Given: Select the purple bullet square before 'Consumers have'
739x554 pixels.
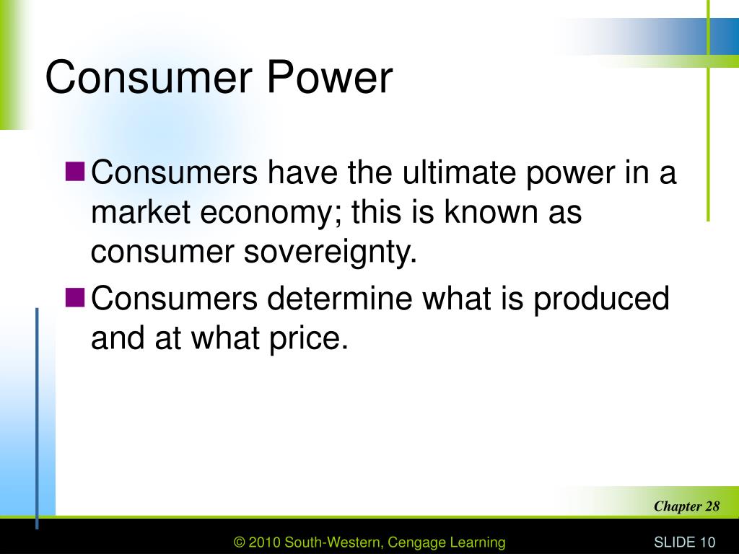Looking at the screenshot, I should pyautogui.click(x=75, y=172).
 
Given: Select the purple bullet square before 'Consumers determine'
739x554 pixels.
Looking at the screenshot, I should pyautogui.click(x=75, y=297).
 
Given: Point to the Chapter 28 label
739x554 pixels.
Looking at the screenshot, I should pyautogui.click(x=686, y=506).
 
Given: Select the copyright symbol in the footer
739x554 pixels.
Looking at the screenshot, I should pyautogui.click(x=240, y=542).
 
